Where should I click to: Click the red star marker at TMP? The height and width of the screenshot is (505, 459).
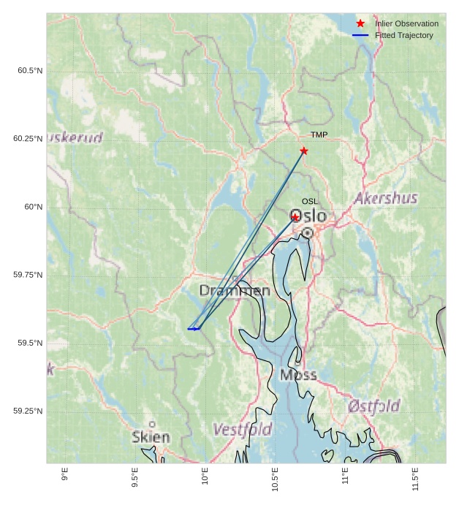pyautogui.click(x=304, y=151)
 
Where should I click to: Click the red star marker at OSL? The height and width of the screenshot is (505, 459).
pyautogui.click(x=295, y=218)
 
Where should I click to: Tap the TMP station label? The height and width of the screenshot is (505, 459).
pyautogui.click(x=319, y=135)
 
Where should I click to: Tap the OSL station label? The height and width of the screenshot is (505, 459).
pyautogui.click(x=310, y=202)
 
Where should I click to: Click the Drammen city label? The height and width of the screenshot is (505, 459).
pyautogui.click(x=235, y=291)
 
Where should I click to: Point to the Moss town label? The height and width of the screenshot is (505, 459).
pyautogui.click(x=298, y=375)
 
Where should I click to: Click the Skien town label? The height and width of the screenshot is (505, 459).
pyautogui.click(x=151, y=438)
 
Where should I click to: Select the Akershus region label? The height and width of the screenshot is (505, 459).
pyautogui.click(x=386, y=198)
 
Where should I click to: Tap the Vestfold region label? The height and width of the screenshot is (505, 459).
pyautogui.click(x=242, y=429)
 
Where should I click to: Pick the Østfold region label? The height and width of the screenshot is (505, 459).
pyautogui.click(x=373, y=406)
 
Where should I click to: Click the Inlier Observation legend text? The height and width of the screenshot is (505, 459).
pyautogui.click(x=406, y=24)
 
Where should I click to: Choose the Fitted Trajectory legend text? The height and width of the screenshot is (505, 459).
pyautogui.click(x=403, y=36)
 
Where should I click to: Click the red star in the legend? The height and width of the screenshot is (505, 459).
pyautogui.click(x=360, y=24)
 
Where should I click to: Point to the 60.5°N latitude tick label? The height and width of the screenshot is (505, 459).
pyautogui.click(x=30, y=71)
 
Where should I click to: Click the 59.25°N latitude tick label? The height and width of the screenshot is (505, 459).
pyautogui.click(x=28, y=411)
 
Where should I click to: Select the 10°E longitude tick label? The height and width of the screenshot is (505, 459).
pyautogui.click(x=205, y=475)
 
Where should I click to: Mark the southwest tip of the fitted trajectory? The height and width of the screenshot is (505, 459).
pyautogui.click(x=189, y=329)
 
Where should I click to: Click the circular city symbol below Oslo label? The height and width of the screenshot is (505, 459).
pyautogui.click(x=308, y=232)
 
